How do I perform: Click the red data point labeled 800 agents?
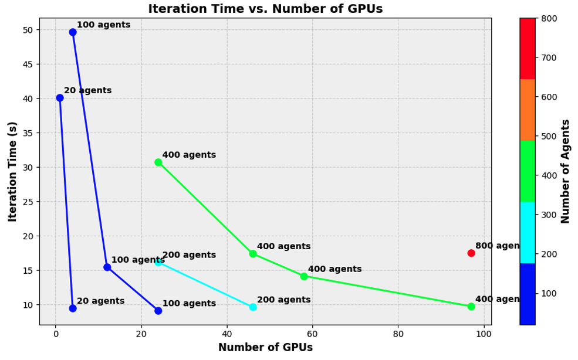click(x=471, y=253)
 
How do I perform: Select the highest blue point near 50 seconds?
click(x=73, y=32)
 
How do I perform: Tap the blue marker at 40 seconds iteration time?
click(x=60, y=98)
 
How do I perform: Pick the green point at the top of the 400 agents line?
click(x=158, y=162)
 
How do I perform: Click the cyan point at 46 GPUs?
click(x=253, y=307)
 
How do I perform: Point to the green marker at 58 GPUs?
click(x=304, y=276)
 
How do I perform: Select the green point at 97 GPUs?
click(x=471, y=307)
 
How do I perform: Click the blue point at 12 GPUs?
click(x=107, y=267)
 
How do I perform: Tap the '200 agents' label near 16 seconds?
click(x=189, y=255)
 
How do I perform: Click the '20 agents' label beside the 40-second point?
click(x=87, y=91)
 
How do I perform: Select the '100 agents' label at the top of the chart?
click(x=103, y=25)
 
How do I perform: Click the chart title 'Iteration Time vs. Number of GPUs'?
click(x=265, y=9)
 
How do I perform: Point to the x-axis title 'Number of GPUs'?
click(x=265, y=348)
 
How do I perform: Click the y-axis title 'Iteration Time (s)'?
click(x=13, y=171)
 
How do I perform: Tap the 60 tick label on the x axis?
click(x=313, y=334)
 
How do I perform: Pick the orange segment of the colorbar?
click(x=527, y=110)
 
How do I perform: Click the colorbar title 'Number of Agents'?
click(x=566, y=171)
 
